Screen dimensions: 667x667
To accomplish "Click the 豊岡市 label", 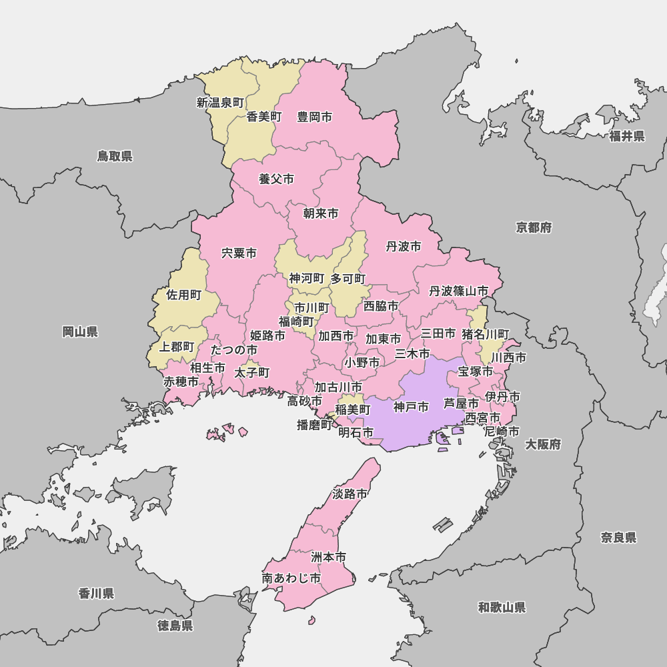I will pyautogui.click(x=314, y=117).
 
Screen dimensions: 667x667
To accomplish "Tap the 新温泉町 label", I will pyautogui.click(x=220, y=103).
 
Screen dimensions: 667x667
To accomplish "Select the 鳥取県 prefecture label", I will pyautogui.click(x=115, y=156).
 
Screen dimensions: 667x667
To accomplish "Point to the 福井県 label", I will pyautogui.click(x=627, y=136).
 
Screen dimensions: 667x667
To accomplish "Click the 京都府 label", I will pyautogui.click(x=534, y=227).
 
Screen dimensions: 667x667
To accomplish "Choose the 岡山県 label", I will pyautogui.click(x=80, y=331).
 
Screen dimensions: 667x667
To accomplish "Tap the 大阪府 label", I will pyautogui.click(x=542, y=444).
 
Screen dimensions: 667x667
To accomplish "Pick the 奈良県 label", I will pyautogui.click(x=618, y=538).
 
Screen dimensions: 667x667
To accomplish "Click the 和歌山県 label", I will pyautogui.click(x=502, y=607).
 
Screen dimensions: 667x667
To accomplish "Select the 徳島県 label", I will pyautogui.click(x=175, y=625).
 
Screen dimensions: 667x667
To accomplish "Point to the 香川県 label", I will pyautogui.click(x=96, y=593).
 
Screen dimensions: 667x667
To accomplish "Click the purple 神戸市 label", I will pyautogui.click(x=411, y=407).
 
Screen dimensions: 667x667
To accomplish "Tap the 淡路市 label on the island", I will pyautogui.click(x=350, y=494).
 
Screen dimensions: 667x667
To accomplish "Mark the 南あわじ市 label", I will pyautogui.click(x=291, y=578).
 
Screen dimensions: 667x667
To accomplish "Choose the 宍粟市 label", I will pyautogui.click(x=239, y=253).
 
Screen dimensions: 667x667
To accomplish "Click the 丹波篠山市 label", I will pyautogui.click(x=458, y=291).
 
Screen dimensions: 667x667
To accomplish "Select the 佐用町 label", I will pyautogui.click(x=184, y=295).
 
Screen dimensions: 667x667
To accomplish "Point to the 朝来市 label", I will pyautogui.click(x=320, y=213).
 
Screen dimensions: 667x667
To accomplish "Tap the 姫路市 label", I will pyautogui.click(x=267, y=336).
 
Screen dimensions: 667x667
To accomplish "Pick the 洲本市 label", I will pyautogui.click(x=329, y=556).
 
